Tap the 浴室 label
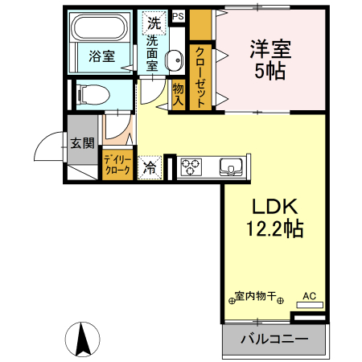click(x=102, y=57)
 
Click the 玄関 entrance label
click(x=81, y=143)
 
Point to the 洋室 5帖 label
click(x=271, y=57)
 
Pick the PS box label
click(x=177, y=16)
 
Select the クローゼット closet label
click(x=200, y=76)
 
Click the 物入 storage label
click(x=178, y=95)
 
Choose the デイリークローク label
click(x=117, y=165)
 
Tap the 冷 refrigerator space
click(x=150, y=167)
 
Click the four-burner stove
click(x=192, y=167)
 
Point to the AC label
click(x=309, y=296)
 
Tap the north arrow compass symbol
click(x=82, y=338)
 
